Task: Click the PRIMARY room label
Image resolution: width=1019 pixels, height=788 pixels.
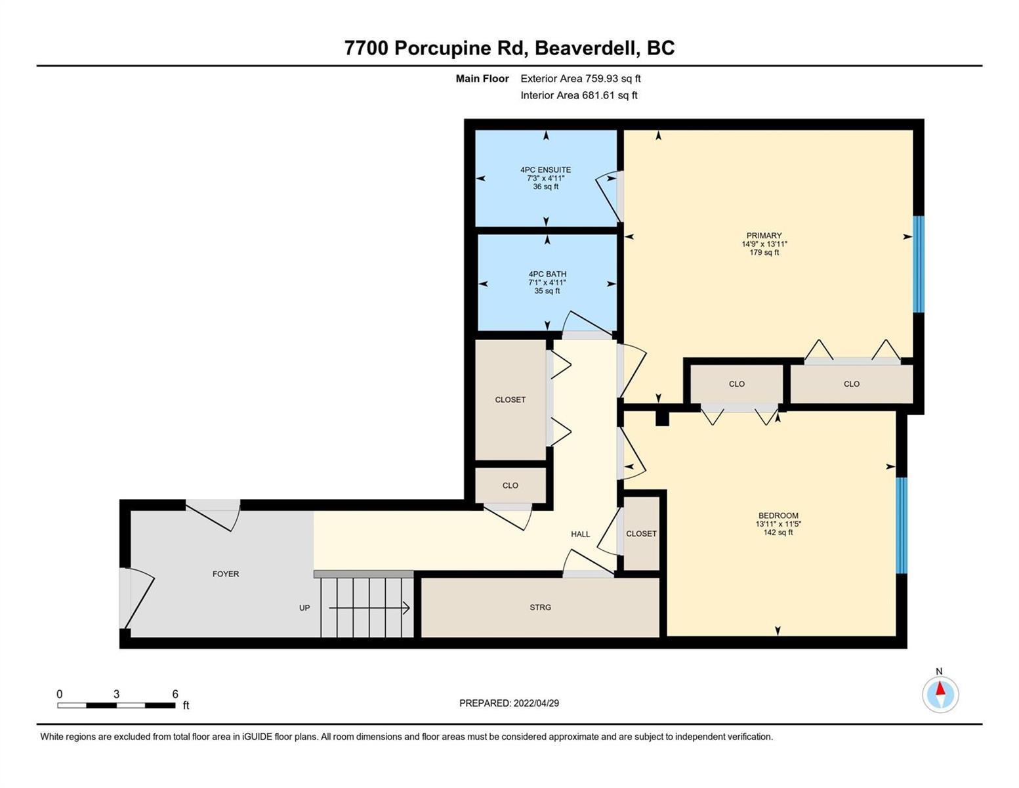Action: tap(764, 236)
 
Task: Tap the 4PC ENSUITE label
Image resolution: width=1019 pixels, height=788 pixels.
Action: tap(545, 170)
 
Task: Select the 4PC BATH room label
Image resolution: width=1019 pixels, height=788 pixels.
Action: tap(547, 274)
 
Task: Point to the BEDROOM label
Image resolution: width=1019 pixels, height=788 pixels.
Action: tap(778, 515)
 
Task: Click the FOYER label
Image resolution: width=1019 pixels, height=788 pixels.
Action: tap(226, 574)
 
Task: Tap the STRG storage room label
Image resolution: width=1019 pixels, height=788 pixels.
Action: tap(540, 607)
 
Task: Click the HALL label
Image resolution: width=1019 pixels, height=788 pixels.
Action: tap(581, 534)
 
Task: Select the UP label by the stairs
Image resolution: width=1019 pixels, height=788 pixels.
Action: tap(304, 608)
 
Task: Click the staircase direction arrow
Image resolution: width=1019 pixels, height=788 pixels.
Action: tap(369, 608)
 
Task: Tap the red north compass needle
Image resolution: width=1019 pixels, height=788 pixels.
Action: tap(940, 688)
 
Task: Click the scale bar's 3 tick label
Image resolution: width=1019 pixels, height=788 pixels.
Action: tap(116, 694)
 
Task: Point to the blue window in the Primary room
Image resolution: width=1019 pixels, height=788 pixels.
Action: tap(918, 264)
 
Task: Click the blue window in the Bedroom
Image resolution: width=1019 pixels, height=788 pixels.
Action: tap(902, 525)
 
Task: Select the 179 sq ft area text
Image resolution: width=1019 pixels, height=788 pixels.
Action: tap(764, 253)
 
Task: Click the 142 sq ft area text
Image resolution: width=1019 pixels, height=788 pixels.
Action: tap(778, 533)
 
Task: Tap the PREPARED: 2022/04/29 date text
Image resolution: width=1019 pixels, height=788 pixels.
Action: tap(509, 703)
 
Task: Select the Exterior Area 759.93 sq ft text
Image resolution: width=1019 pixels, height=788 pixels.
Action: tap(581, 79)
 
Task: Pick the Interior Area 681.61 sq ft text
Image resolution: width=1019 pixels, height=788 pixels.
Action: tap(579, 95)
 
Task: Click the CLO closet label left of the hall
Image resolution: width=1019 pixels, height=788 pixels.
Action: tap(510, 486)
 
